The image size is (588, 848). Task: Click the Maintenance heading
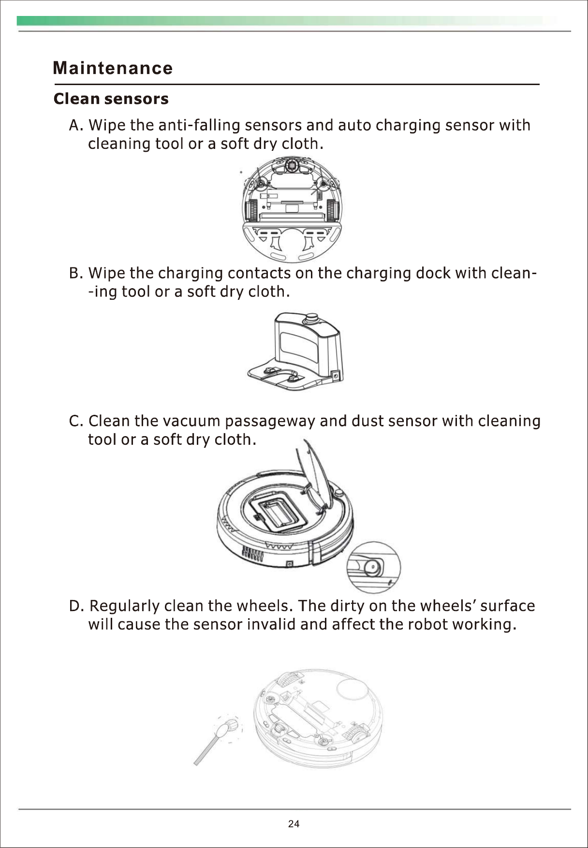point(113,68)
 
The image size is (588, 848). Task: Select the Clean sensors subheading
point(111,99)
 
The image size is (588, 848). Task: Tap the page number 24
point(294,824)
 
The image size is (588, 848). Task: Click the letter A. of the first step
point(76,126)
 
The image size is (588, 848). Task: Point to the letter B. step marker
point(76,274)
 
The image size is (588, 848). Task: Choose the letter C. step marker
point(76,422)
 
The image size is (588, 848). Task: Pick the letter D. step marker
point(77,606)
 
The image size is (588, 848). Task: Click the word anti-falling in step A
point(199,126)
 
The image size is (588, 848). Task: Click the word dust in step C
point(367,422)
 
